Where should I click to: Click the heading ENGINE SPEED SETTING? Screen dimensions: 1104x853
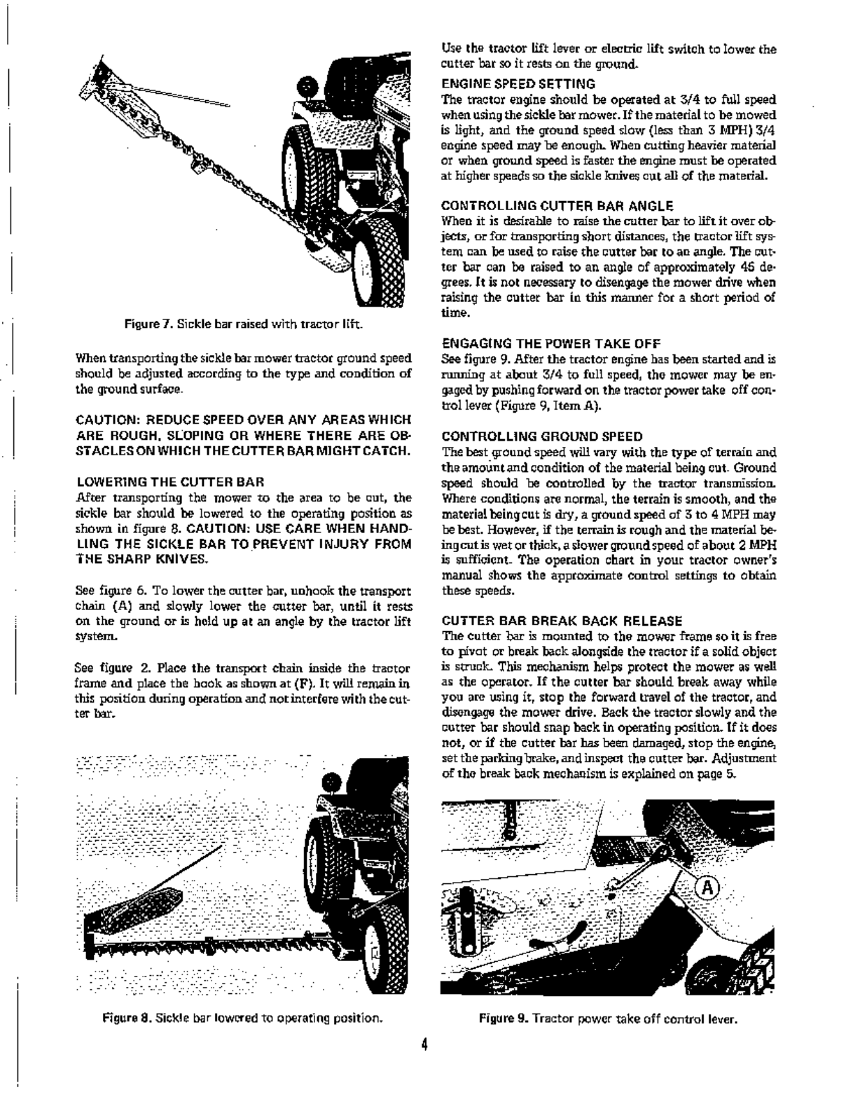[x=518, y=83]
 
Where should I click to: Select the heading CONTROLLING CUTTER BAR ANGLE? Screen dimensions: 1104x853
[x=557, y=205]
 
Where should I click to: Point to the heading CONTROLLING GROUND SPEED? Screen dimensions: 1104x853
[x=542, y=436]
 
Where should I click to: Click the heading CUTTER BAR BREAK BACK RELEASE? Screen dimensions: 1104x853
[x=562, y=620]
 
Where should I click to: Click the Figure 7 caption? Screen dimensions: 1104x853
[x=242, y=324]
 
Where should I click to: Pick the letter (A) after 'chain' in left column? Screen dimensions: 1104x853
[x=116, y=606]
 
